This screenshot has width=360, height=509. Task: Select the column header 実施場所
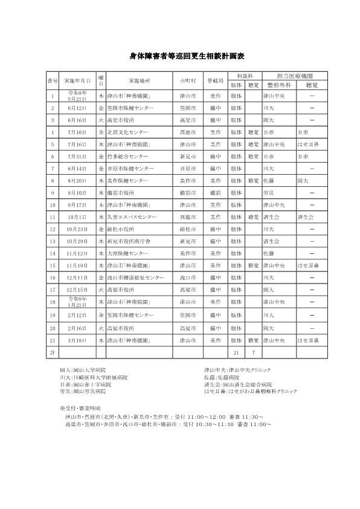[x=140, y=80]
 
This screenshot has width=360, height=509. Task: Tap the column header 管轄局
[x=215, y=80]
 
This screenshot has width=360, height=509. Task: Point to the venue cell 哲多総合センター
[x=127, y=156]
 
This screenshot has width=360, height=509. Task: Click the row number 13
[x=53, y=241]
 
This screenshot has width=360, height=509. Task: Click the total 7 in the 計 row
[x=253, y=352]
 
